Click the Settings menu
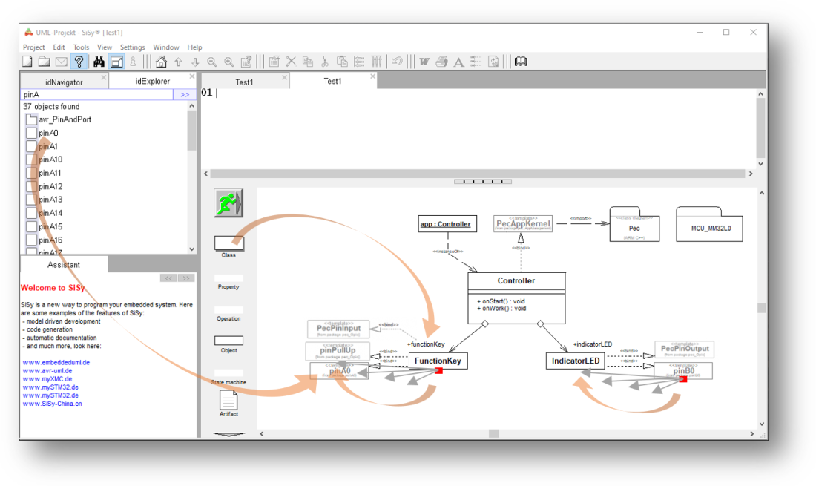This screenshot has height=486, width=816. coord(133,47)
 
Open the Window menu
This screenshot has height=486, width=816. coord(166,47)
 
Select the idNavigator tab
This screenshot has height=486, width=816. coord(64,82)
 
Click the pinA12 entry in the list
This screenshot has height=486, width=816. coord(50,186)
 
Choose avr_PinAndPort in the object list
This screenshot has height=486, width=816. coord(65,119)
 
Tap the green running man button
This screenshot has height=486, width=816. coord(228,203)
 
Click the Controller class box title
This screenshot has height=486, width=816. coord(516,281)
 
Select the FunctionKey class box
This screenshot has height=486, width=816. coord(438,361)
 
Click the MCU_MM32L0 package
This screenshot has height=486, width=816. coord(709,228)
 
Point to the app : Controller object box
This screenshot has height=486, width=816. coord(445,224)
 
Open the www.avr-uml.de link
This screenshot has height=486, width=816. coord(47,370)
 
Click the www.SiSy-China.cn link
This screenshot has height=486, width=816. coord(52,404)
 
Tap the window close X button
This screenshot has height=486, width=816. coord(753,32)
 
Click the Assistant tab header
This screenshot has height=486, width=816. coord(64,265)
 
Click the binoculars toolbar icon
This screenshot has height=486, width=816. coord(98,62)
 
